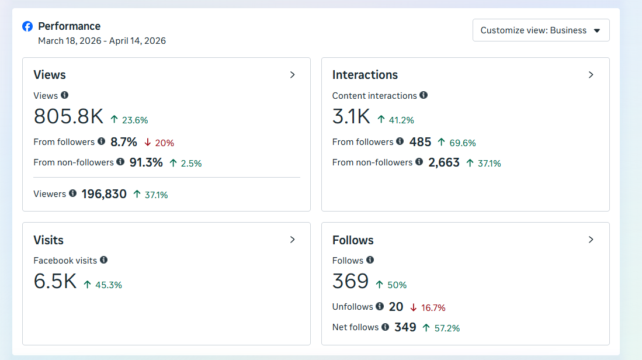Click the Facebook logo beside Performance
27,26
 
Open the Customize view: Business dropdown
540,30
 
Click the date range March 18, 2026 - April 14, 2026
102,41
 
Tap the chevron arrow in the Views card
293,75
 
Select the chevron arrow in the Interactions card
591,75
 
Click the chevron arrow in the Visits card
293,240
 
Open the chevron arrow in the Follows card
591,240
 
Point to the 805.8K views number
68,117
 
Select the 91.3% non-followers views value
146,162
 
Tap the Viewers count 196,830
104,194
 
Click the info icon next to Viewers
72,193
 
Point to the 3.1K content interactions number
351,117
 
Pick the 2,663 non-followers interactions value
444,162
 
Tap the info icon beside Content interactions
424,95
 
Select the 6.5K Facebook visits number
55,282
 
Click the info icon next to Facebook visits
103,259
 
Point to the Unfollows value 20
396,307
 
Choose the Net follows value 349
405,327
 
